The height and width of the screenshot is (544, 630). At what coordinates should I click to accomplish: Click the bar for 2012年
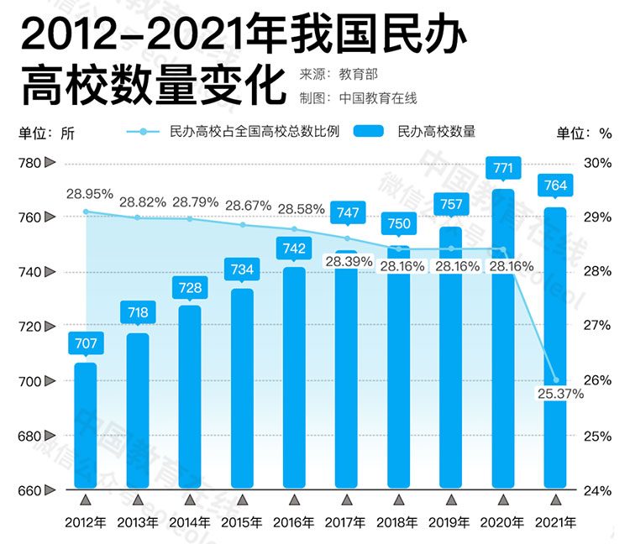pyautogui.click(x=86, y=425)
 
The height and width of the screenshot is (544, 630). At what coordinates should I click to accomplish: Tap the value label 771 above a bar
pyautogui.click(x=503, y=169)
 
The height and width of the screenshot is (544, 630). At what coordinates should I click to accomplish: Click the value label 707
pyautogui.click(x=86, y=343)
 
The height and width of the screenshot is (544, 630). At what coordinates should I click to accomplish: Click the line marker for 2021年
pyautogui.click(x=556, y=379)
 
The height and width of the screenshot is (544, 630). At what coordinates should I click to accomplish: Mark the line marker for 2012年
pyautogui.click(x=86, y=212)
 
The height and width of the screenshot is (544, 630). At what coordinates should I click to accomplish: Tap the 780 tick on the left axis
pyautogui.click(x=30, y=163)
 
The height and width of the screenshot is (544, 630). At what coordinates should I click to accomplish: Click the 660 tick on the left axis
pyautogui.click(x=30, y=490)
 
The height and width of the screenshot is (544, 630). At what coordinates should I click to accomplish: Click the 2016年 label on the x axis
pyautogui.click(x=294, y=522)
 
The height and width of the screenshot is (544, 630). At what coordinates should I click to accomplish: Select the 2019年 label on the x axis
pyautogui.click(x=451, y=522)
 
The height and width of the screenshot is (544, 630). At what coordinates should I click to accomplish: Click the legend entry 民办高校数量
pyautogui.click(x=436, y=132)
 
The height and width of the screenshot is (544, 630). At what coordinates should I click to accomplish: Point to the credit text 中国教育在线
pyautogui.click(x=378, y=97)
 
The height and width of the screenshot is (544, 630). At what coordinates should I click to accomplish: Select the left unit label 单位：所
pyautogui.click(x=46, y=132)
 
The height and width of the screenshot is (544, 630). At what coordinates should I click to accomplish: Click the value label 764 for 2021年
pyautogui.click(x=556, y=186)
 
